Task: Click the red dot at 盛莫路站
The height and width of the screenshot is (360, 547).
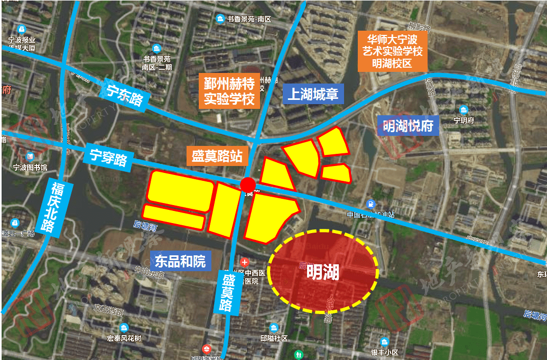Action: coord(248,184)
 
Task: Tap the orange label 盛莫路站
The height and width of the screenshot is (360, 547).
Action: coord(217,156)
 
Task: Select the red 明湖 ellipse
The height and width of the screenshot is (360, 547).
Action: coord(323,272)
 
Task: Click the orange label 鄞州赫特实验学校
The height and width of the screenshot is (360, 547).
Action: coord(229,91)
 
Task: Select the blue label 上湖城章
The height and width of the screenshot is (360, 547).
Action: coord(312,95)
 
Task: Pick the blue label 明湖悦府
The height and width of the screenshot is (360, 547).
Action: coord(409,126)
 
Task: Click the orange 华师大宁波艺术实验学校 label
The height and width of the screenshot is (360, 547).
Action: coord(392,51)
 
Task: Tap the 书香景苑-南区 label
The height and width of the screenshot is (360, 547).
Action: coord(248,20)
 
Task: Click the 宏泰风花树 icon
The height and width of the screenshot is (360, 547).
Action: coord(124,327)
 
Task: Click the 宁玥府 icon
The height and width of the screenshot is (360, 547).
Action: coord(463,110)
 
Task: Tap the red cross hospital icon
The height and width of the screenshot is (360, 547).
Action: coord(244,262)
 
